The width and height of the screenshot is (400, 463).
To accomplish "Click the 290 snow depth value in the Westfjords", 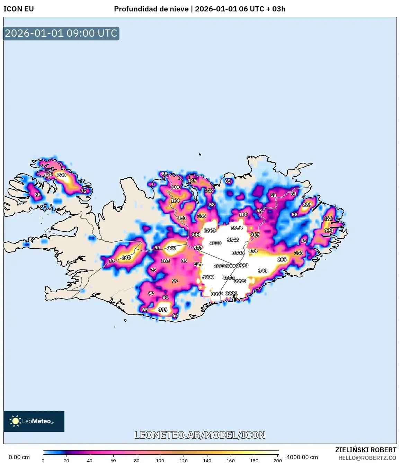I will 62,175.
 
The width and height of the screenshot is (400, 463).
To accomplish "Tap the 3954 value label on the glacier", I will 237,228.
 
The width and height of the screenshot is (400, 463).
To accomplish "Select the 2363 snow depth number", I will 210,230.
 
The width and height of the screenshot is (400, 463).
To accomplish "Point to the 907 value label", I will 198,248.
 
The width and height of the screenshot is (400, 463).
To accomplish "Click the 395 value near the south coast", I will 163,310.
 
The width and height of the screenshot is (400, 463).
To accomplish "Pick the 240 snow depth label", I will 126,258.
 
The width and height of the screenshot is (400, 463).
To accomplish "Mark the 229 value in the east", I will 306,205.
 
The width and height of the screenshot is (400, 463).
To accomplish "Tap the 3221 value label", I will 231,294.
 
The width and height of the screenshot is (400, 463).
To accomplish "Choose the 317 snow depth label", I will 172,248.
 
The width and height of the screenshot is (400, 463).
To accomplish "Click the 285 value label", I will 282,259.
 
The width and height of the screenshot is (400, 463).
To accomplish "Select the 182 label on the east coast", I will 328,219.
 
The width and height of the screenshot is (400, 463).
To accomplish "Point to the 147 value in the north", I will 192,180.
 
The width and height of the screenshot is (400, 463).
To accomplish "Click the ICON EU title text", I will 19,9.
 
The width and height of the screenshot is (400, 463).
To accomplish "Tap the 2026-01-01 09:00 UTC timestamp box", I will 61,34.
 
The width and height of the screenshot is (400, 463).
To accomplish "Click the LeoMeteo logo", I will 34,421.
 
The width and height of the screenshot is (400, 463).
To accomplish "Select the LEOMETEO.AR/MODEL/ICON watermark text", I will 200,435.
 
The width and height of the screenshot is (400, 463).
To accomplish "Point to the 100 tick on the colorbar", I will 160,461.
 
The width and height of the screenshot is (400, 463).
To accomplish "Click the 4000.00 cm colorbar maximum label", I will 302,457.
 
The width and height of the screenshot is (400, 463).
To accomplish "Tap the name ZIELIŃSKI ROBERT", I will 365,450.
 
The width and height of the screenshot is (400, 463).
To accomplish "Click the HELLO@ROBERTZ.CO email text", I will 367,458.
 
